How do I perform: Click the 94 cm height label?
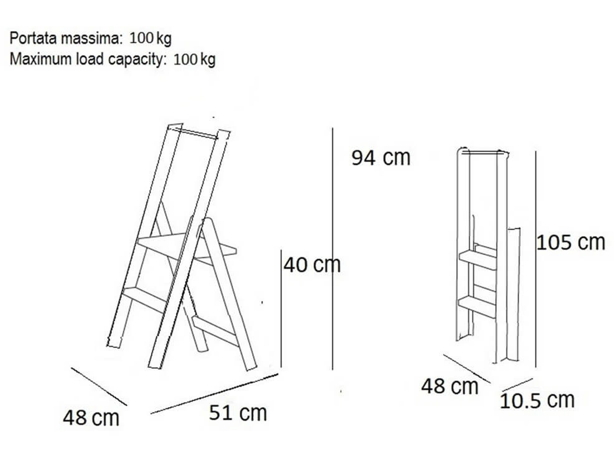point(381,158)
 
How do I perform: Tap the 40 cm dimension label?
point(312,265)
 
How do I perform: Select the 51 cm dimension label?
point(238,413)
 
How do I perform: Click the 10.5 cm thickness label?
point(537,401)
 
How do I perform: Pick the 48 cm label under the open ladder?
point(91,418)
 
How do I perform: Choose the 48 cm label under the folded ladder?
point(449,386)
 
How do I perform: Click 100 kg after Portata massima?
point(150,38)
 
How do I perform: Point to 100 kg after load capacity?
point(194,60)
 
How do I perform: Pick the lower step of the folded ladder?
point(477,307)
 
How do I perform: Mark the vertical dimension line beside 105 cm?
point(536,259)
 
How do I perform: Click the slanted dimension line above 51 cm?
point(214,393)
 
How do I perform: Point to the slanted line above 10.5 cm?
point(517,385)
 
